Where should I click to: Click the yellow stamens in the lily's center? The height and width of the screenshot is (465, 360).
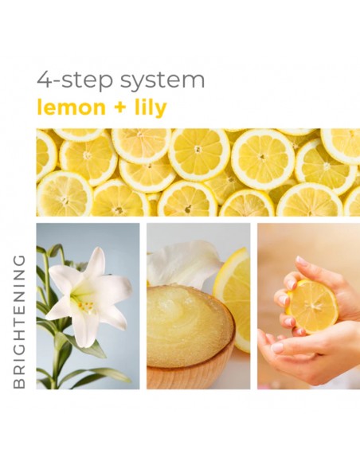point(84,303)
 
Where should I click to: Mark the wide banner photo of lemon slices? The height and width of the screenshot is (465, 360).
point(198,172)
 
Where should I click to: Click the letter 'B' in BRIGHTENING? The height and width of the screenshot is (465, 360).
point(20,383)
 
